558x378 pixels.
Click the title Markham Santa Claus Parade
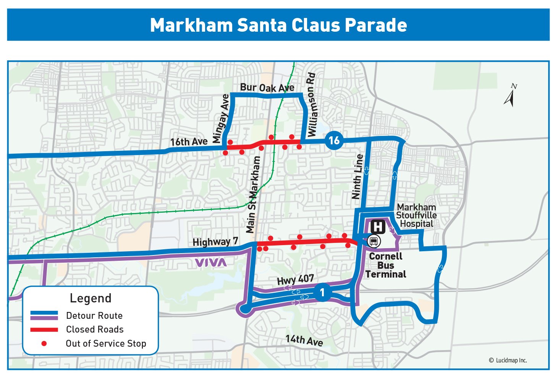278,25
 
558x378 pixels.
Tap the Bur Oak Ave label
267,88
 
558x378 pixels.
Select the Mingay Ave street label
221,119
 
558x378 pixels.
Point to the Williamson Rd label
312,105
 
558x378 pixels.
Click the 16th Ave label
189,142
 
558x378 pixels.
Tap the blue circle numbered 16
334,141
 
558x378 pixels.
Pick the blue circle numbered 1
322,293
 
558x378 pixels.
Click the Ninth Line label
357,177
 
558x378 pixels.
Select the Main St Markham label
253,195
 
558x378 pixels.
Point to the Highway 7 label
215,242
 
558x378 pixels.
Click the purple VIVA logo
210,262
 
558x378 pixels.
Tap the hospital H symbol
378,226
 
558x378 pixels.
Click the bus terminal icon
374,241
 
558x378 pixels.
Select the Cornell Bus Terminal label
386,265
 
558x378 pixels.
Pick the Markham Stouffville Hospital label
416,215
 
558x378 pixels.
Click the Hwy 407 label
295,280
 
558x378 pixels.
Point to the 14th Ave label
304,340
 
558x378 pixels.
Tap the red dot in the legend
44,344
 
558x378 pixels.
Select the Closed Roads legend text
95,330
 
